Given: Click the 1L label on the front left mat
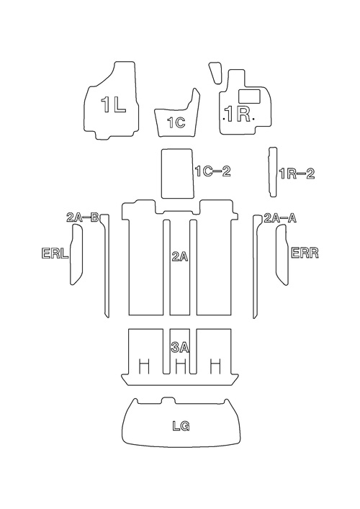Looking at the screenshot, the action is (113, 105).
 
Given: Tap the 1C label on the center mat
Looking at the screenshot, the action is (176, 122).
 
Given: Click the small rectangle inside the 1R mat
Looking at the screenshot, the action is (249, 96).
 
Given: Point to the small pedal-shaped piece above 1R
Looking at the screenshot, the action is (215, 73).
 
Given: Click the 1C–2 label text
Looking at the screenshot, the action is (213, 171).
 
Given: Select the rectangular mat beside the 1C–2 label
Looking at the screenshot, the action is (178, 174).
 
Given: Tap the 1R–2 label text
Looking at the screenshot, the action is (297, 174).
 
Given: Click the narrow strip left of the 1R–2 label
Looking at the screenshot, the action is (273, 172).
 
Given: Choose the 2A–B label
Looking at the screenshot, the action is (83, 217).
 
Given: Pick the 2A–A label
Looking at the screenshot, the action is (280, 218).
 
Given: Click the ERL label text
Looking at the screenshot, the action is (55, 253).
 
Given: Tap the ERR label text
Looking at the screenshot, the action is (305, 253).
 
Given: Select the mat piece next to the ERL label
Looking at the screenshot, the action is (76, 255).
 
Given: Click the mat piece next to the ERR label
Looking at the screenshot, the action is (282, 255).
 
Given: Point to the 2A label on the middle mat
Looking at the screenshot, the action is (180, 257).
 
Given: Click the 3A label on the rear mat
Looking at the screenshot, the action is (180, 348).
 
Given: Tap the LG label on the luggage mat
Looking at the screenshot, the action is (181, 426).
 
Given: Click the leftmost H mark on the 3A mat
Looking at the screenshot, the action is (144, 366).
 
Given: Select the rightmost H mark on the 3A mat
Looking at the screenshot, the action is (215, 366).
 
